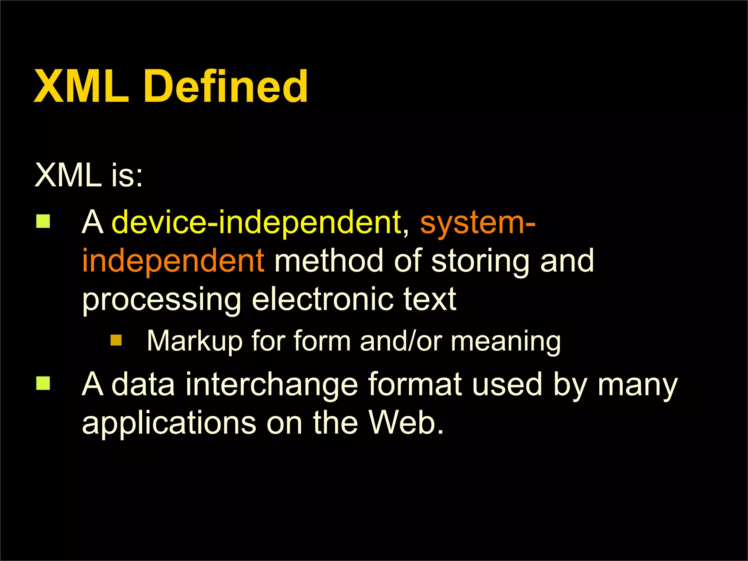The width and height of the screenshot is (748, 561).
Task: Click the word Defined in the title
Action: pos(226,87)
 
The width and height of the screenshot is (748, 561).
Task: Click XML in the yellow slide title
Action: pos(81,87)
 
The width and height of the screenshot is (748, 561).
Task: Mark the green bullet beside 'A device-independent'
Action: pos(43,221)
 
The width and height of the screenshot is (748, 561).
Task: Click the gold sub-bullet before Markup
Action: pos(116,340)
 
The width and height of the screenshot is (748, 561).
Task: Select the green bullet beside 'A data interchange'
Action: pos(43,383)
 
